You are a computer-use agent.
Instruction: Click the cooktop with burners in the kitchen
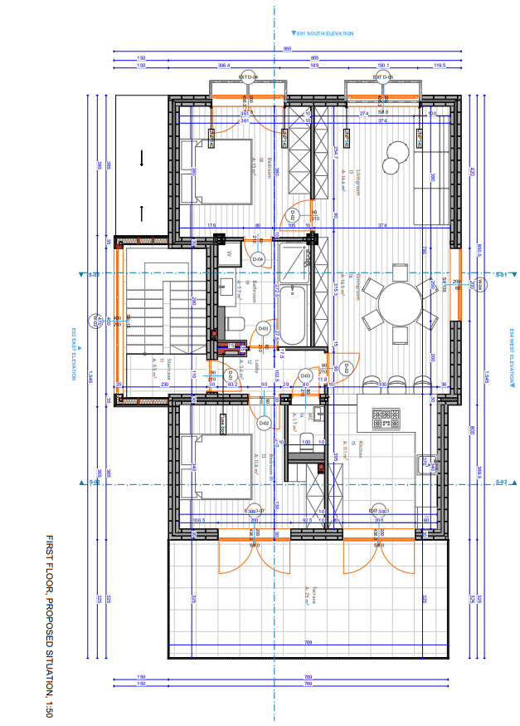[386, 419]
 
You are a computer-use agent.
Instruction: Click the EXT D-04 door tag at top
[248, 76]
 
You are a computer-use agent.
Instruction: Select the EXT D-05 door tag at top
[382, 76]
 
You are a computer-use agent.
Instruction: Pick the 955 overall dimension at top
[287, 49]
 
